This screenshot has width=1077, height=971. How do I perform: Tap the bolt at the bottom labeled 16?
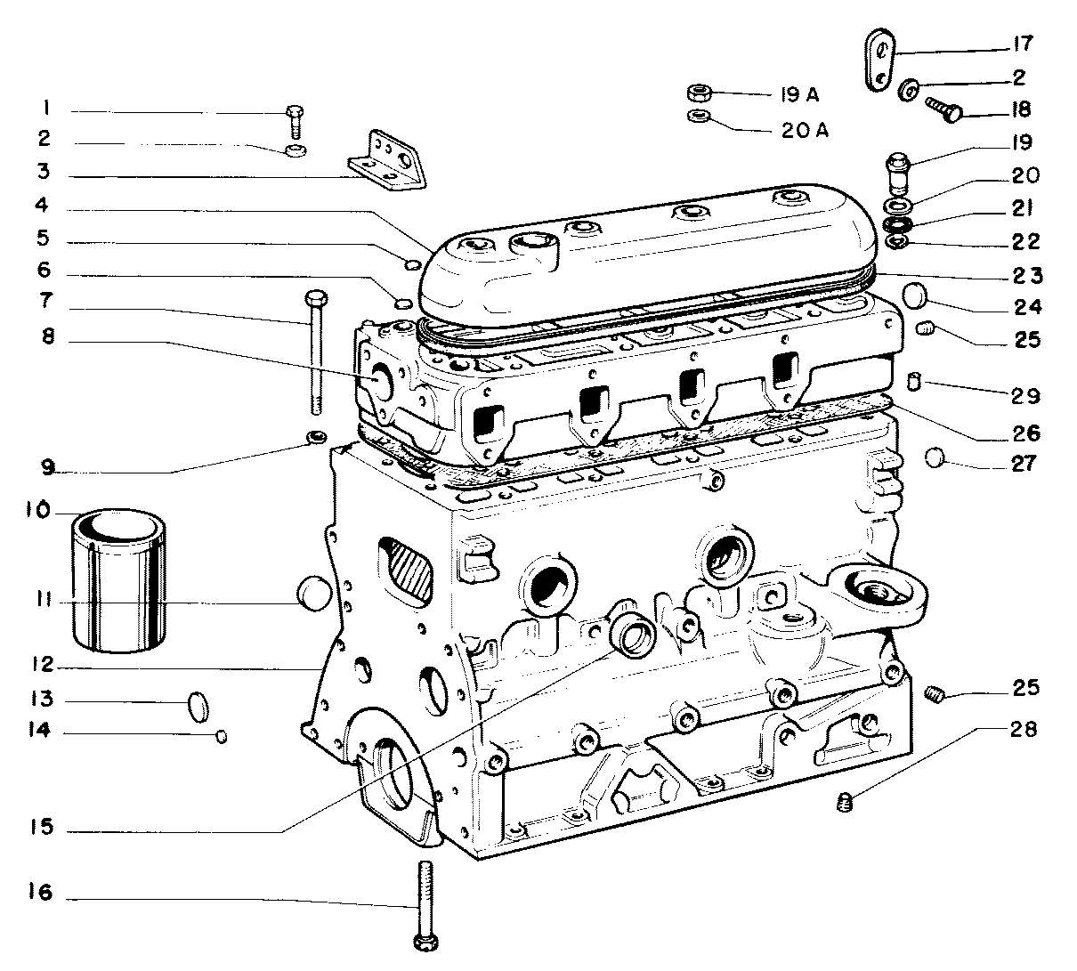[425, 903]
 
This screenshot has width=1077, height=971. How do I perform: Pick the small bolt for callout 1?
[296, 120]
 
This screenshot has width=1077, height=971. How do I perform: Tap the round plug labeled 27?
[934, 458]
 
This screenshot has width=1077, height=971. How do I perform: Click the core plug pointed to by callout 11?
[312, 594]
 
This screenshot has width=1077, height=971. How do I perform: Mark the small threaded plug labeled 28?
[846, 804]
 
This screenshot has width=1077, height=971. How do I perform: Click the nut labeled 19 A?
[698, 93]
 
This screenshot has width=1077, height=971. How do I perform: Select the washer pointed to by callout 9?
[315, 437]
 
